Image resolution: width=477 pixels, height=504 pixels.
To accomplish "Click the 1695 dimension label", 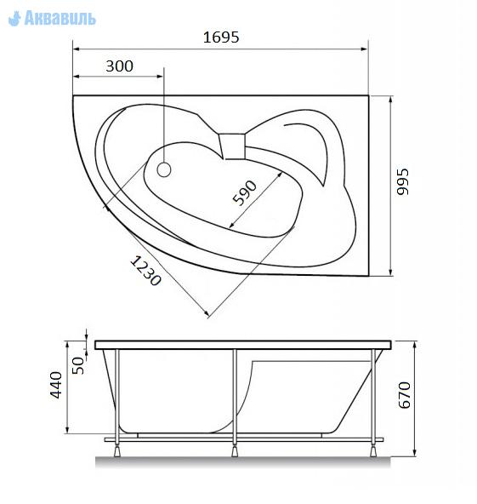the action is coord(221,37).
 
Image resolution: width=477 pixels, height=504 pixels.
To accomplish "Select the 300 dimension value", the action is coord(119,66).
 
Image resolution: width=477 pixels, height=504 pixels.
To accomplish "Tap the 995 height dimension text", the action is coord(402,181).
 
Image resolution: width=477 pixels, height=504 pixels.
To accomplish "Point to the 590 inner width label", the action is coord(245,192).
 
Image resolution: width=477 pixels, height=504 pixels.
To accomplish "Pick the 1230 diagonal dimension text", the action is coord(145,271).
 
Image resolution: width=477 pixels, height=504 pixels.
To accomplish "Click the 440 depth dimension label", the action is coord(55,385).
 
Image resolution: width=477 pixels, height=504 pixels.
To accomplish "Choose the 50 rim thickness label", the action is coord(77,365).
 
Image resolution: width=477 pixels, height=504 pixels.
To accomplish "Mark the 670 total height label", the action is coord(404,395).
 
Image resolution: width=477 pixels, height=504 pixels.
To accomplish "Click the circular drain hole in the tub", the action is coord(164,169).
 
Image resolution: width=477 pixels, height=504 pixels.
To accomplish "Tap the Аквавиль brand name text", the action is coord(60,18).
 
